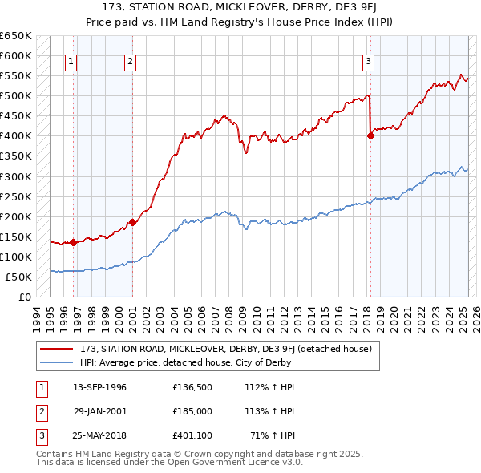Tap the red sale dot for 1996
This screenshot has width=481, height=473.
pos(73,241)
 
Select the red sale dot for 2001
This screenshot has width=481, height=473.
pos(132,222)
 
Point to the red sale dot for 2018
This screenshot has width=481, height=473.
pos(370,135)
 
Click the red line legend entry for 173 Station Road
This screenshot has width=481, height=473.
pos(225,349)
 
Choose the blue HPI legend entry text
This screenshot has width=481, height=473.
pos(185,362)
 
